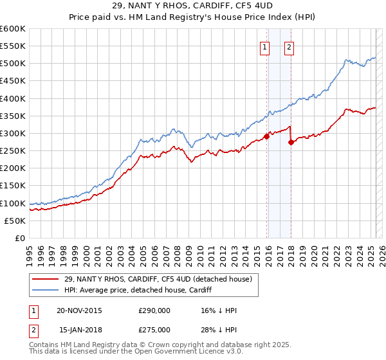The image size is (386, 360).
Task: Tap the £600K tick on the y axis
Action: pos(13,29)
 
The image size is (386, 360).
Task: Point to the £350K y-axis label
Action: pos(13,116)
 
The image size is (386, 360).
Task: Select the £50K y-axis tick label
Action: pos(15,221)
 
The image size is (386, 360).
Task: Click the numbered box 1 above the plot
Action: pos(265,46)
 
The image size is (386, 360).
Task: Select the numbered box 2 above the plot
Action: pos(289,46)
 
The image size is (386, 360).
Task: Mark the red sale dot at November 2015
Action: pos(266,137)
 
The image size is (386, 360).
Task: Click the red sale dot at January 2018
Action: pos(291,142)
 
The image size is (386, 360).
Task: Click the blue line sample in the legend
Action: pos(45,289)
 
